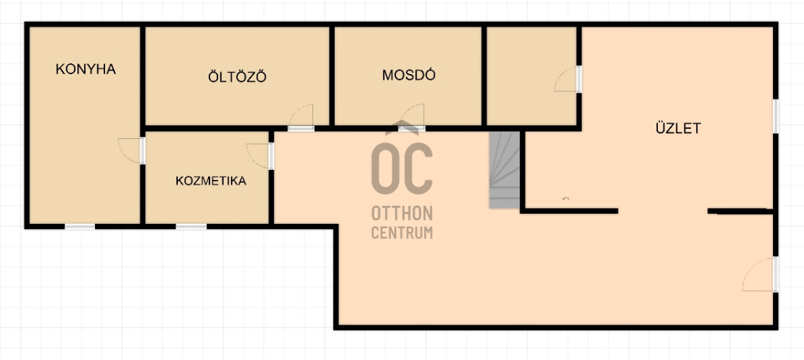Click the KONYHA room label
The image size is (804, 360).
pyautogui.click(x=86, y=69)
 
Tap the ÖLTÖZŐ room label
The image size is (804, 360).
pyautogui.click(x=237, y=77)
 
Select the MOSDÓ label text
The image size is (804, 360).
pyautogui.click(x=409, y=75)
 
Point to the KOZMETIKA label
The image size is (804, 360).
pyautogui.click(x=211, y=181)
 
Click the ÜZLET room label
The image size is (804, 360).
pyautogui.click(x=678, y=128)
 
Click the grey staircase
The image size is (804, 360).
pyautogui.click(x=505, y=170)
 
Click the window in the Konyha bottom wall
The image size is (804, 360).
pyautogui.click(x=79, y=226)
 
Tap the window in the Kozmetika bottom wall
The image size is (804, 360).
pyautogui.click(x=191, y=226)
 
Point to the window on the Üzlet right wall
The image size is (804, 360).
pyautogui.click(x=776, y=117)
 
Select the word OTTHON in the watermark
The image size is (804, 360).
pyautogui.click(x=402, y=213)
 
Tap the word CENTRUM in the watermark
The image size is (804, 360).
pyautogui.click(x=402, y=233)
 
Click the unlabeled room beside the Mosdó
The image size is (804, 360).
pyautogui.click(x=531, y=76)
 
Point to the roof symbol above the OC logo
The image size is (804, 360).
pyautogui.click(x=402, y=127)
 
